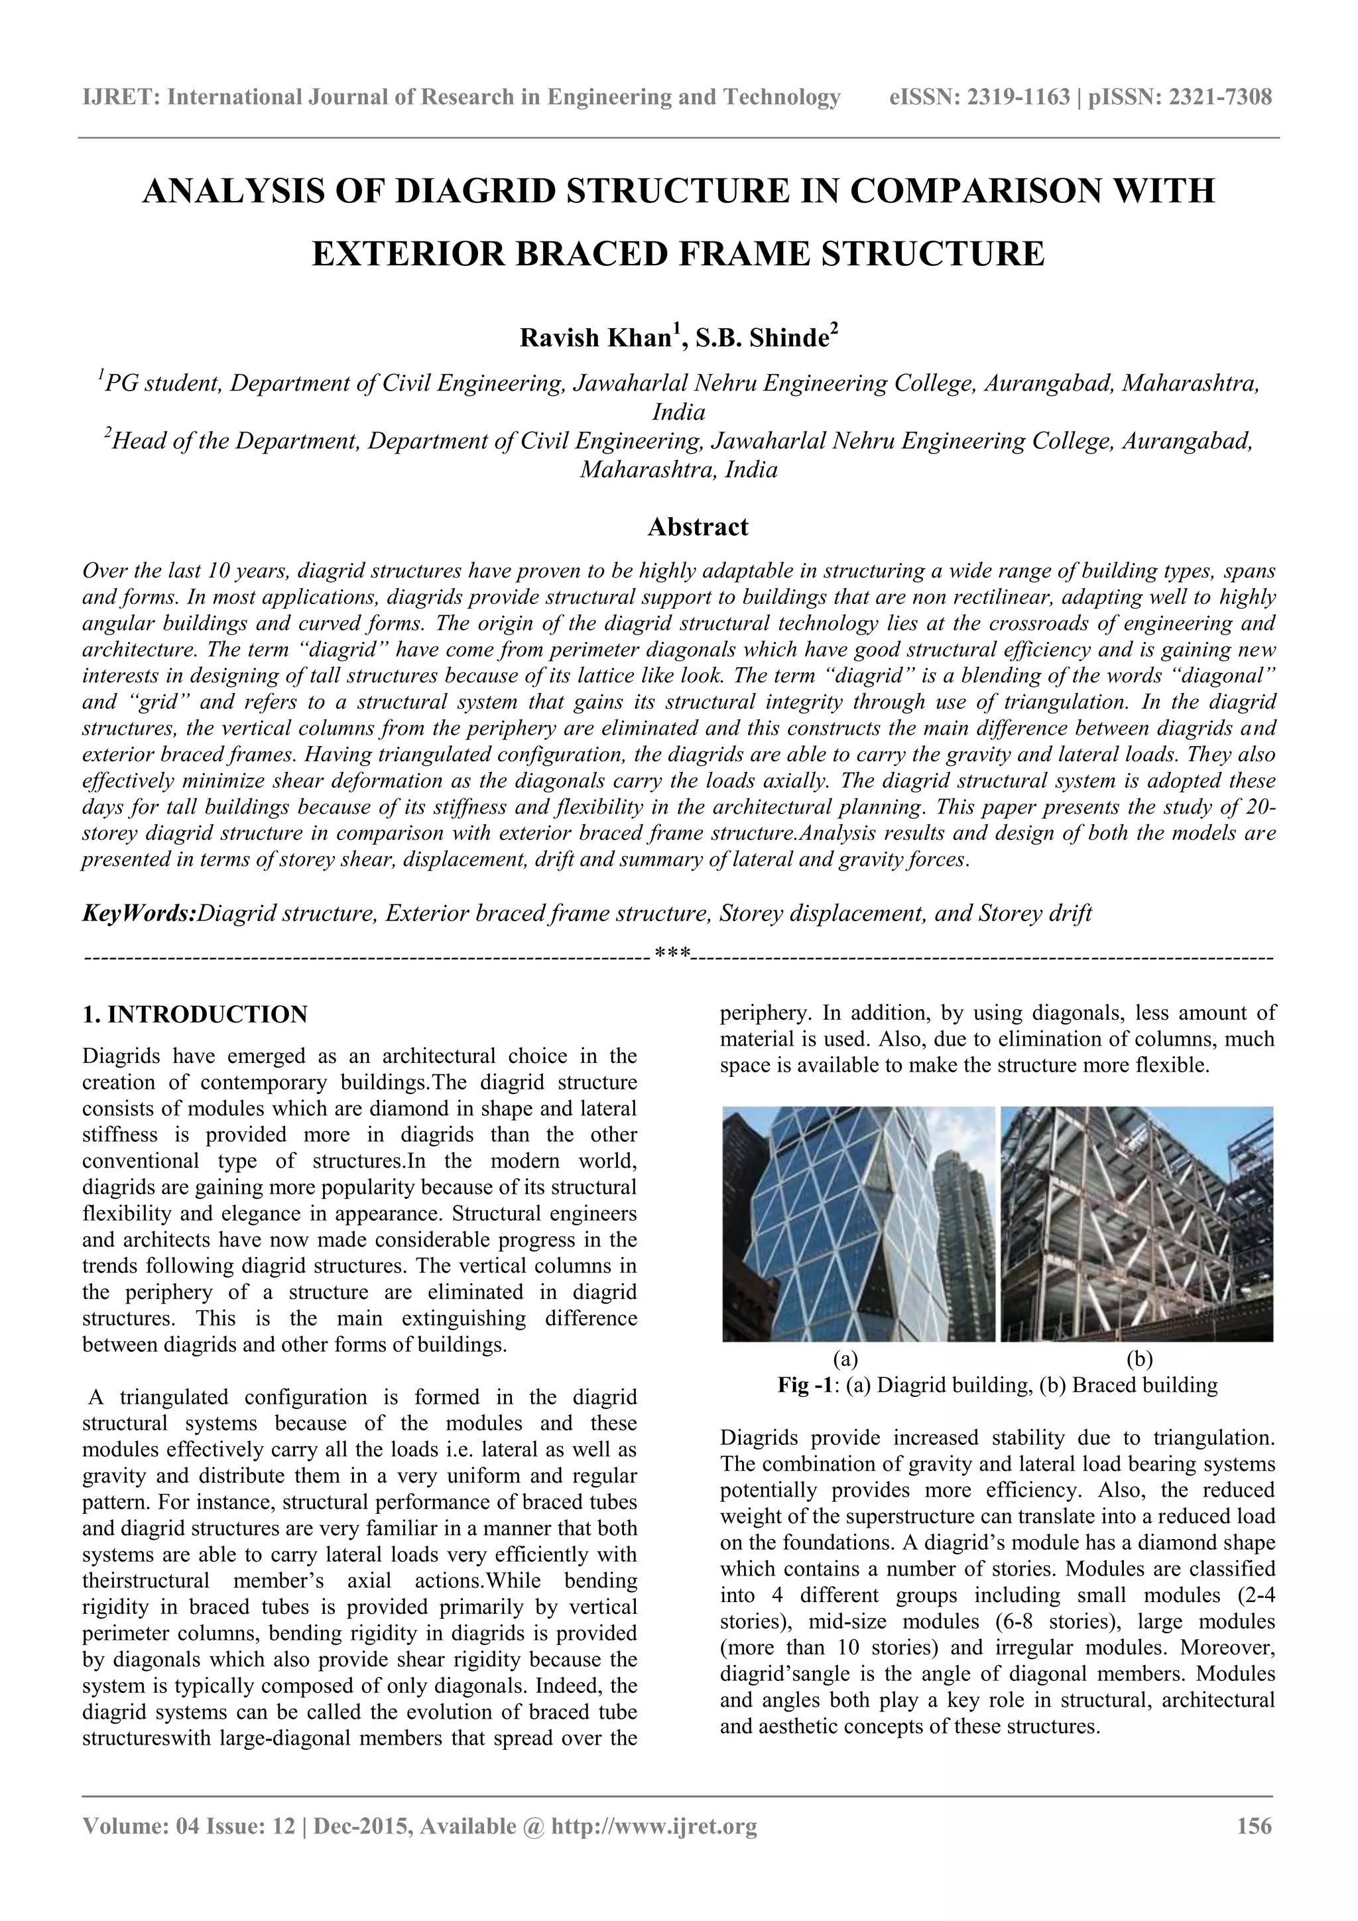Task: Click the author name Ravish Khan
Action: pos(595,338)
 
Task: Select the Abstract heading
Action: pos(698,527)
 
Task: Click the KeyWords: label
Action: pos(139,913)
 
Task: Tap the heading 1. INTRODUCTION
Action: pos(195,1015)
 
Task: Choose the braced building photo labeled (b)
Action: pos(1137,1223)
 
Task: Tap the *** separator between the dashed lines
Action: pos(672,953)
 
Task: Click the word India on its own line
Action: pos(678,412)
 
